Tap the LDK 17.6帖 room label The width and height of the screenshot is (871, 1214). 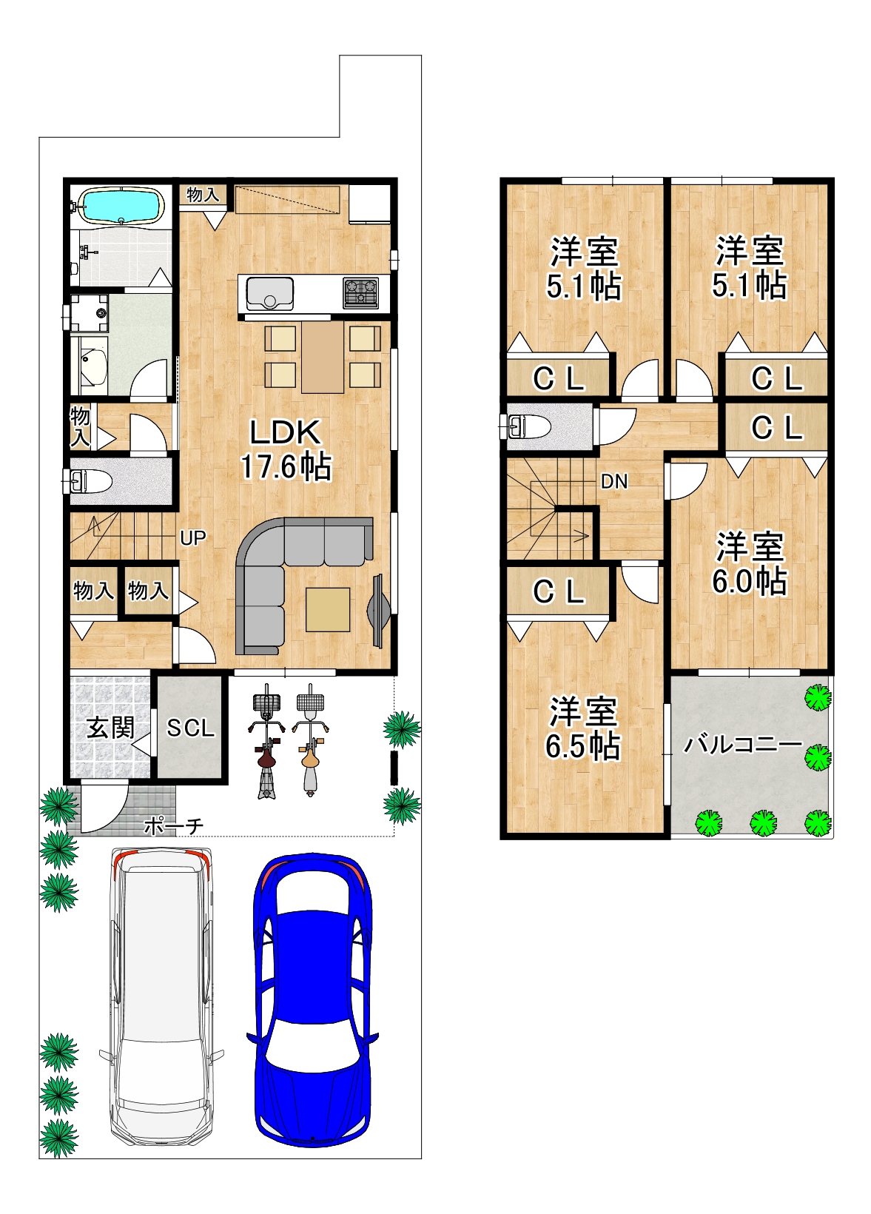tap(286, 449)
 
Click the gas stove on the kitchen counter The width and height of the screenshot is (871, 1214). tap(361, 292)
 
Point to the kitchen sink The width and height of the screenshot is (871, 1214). tap(270, 293)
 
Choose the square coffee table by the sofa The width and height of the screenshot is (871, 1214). tap(328, 610)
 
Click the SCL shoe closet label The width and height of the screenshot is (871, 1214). tap(191, 728)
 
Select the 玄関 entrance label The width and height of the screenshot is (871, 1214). tap(110, 728)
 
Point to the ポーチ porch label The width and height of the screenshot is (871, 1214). tap(173, 826)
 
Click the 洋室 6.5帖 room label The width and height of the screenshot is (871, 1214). tap(583, 728)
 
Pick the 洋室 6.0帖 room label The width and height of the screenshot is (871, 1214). tap(749, 563)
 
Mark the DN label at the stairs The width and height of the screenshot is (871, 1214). tap(614, 481)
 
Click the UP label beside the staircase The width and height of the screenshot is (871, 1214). tap(193, 537)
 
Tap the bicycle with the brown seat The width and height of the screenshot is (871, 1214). tap(266, 742)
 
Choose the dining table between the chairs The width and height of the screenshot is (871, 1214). tap(323, 357)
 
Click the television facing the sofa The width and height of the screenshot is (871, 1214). tap(378, 611)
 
